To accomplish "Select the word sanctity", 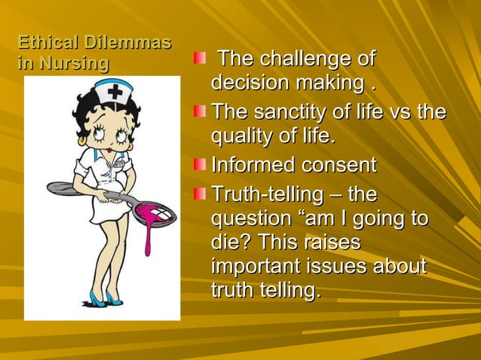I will pos(286,114).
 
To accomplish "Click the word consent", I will pos(339,165).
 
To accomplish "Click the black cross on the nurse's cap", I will pos(115,93).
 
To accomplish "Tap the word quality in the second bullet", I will pos(240,139).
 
